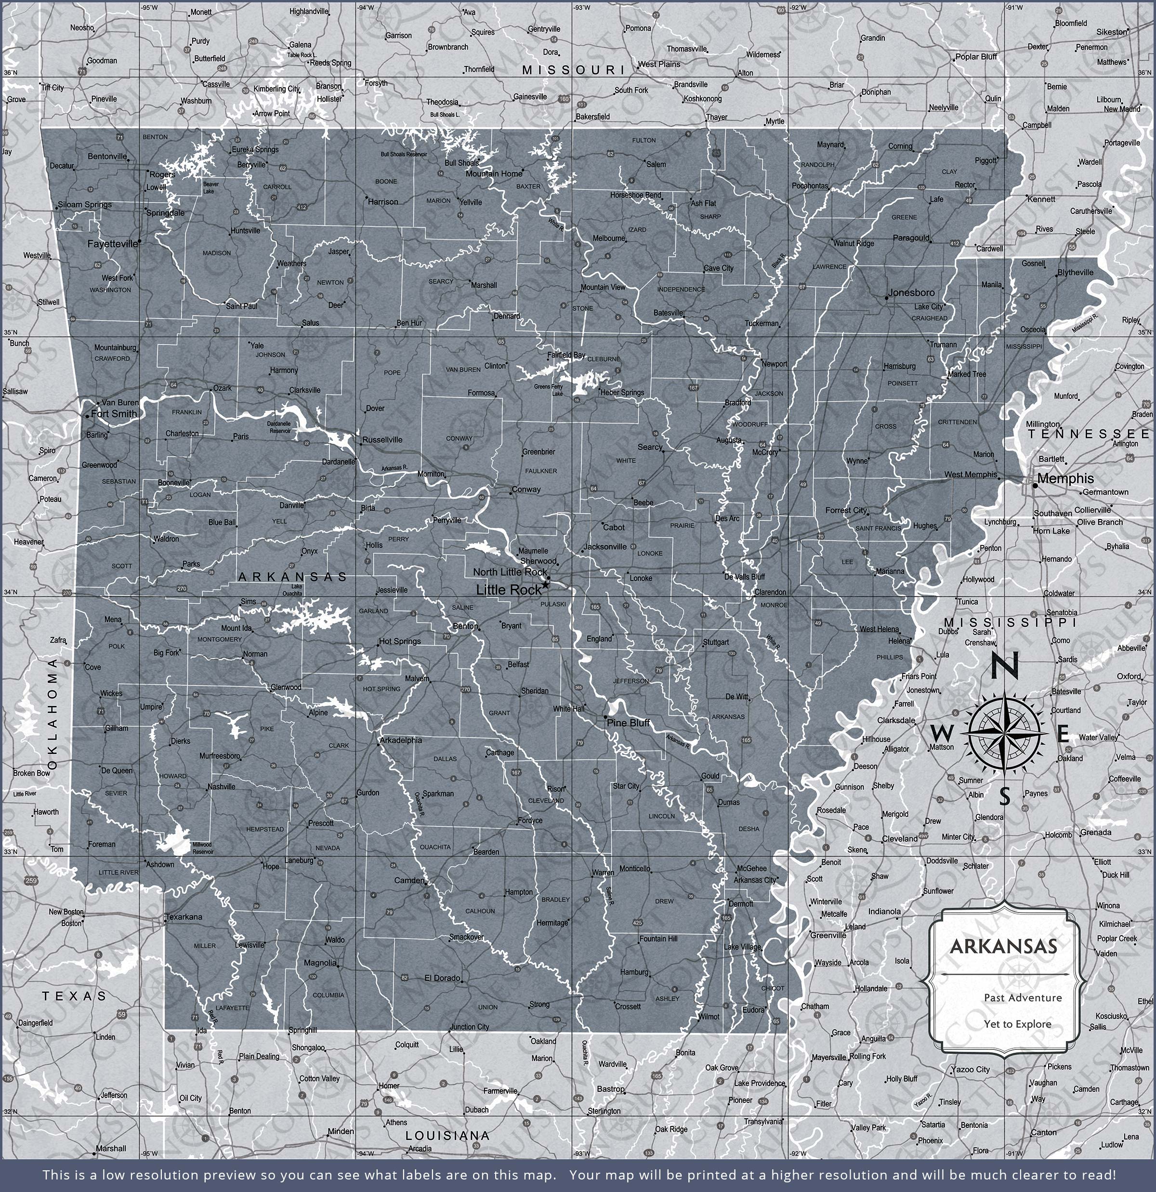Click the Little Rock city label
coord(508,590)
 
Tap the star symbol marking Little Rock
coord(545,584)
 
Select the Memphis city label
coord(1065,478)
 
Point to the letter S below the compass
coord(1005,796)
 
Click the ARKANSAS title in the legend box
coord(1003,946)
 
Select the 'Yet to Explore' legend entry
coord(1017,1025)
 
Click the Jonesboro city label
coord(911,293)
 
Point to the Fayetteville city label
coord(113,244)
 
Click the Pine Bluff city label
coord(628,723)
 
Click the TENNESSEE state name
coord(1089,434)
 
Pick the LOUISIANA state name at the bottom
coord(447,1136)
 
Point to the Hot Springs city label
coord(399,641)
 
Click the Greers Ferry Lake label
coord(549,390)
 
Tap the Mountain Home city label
coord(493,174)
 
